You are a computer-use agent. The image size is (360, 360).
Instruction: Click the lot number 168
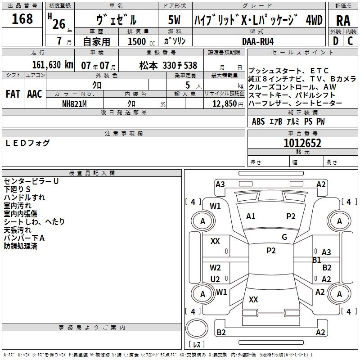tap(22, 19)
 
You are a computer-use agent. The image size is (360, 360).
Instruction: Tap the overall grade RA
tap(343, 20)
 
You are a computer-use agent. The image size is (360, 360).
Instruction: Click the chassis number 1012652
tap(302, 143)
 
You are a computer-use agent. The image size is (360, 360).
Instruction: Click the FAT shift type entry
tap(13, 94)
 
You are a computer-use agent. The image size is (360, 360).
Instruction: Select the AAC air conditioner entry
tap(34, 94)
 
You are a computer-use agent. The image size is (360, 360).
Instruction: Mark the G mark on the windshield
tap(284, 237)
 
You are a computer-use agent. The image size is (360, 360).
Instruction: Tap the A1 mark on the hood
tap(251, 216)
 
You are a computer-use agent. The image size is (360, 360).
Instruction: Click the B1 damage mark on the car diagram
tap(316, 260)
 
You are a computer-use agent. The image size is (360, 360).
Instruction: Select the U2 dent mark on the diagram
tap(215, 279)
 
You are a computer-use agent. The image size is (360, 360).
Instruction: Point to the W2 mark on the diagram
tap(215, 268)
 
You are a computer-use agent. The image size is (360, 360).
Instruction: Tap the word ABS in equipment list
tap(258, 121)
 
